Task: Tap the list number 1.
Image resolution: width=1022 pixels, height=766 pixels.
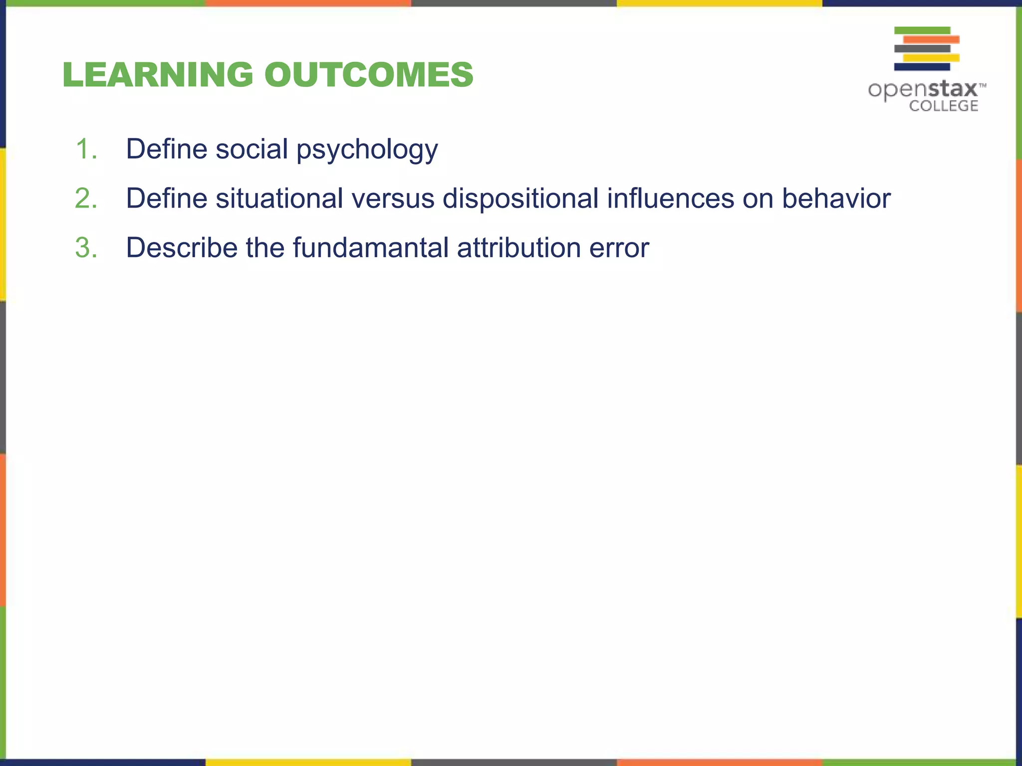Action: point(86,149)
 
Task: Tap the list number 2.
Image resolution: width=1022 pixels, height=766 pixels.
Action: point(86,198)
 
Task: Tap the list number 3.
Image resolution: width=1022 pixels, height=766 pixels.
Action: point(86,247)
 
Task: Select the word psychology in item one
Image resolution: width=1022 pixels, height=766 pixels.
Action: point(367,150)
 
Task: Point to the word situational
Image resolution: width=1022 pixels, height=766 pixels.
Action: point(279,198)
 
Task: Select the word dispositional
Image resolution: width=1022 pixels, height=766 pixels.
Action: point(520,199)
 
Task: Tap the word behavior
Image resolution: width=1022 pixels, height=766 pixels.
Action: point(836,198)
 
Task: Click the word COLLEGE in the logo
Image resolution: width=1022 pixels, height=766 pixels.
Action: point(943,106)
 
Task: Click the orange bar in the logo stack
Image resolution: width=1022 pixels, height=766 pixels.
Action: point(931,39)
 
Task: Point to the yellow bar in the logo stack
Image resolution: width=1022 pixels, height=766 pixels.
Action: point(931,58)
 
